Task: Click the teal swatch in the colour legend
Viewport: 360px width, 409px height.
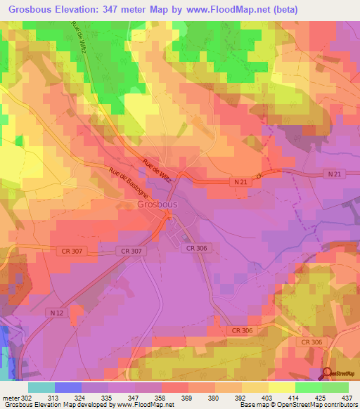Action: point(41,387)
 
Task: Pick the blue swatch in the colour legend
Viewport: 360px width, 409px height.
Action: point(68,387)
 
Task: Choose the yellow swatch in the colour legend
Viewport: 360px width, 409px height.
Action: point(282,387)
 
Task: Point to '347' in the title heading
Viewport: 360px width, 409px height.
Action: point(115,9)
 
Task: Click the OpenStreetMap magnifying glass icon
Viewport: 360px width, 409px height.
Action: point(326,373)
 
